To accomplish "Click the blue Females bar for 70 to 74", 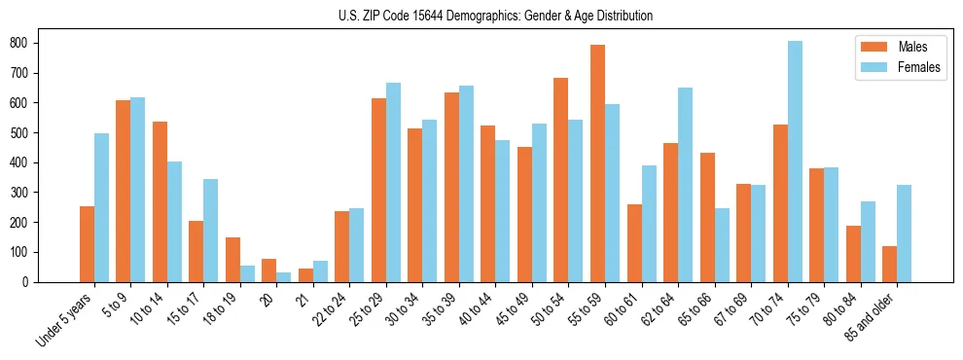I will (x=795, y=162).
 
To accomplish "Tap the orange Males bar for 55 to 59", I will (x=597, y=163).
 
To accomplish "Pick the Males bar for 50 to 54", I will (x=561, y=180).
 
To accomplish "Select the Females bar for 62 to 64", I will (x=685, y=185).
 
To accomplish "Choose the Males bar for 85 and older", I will (x=889, y=264).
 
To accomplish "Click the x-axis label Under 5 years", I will (x=65, y=319).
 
